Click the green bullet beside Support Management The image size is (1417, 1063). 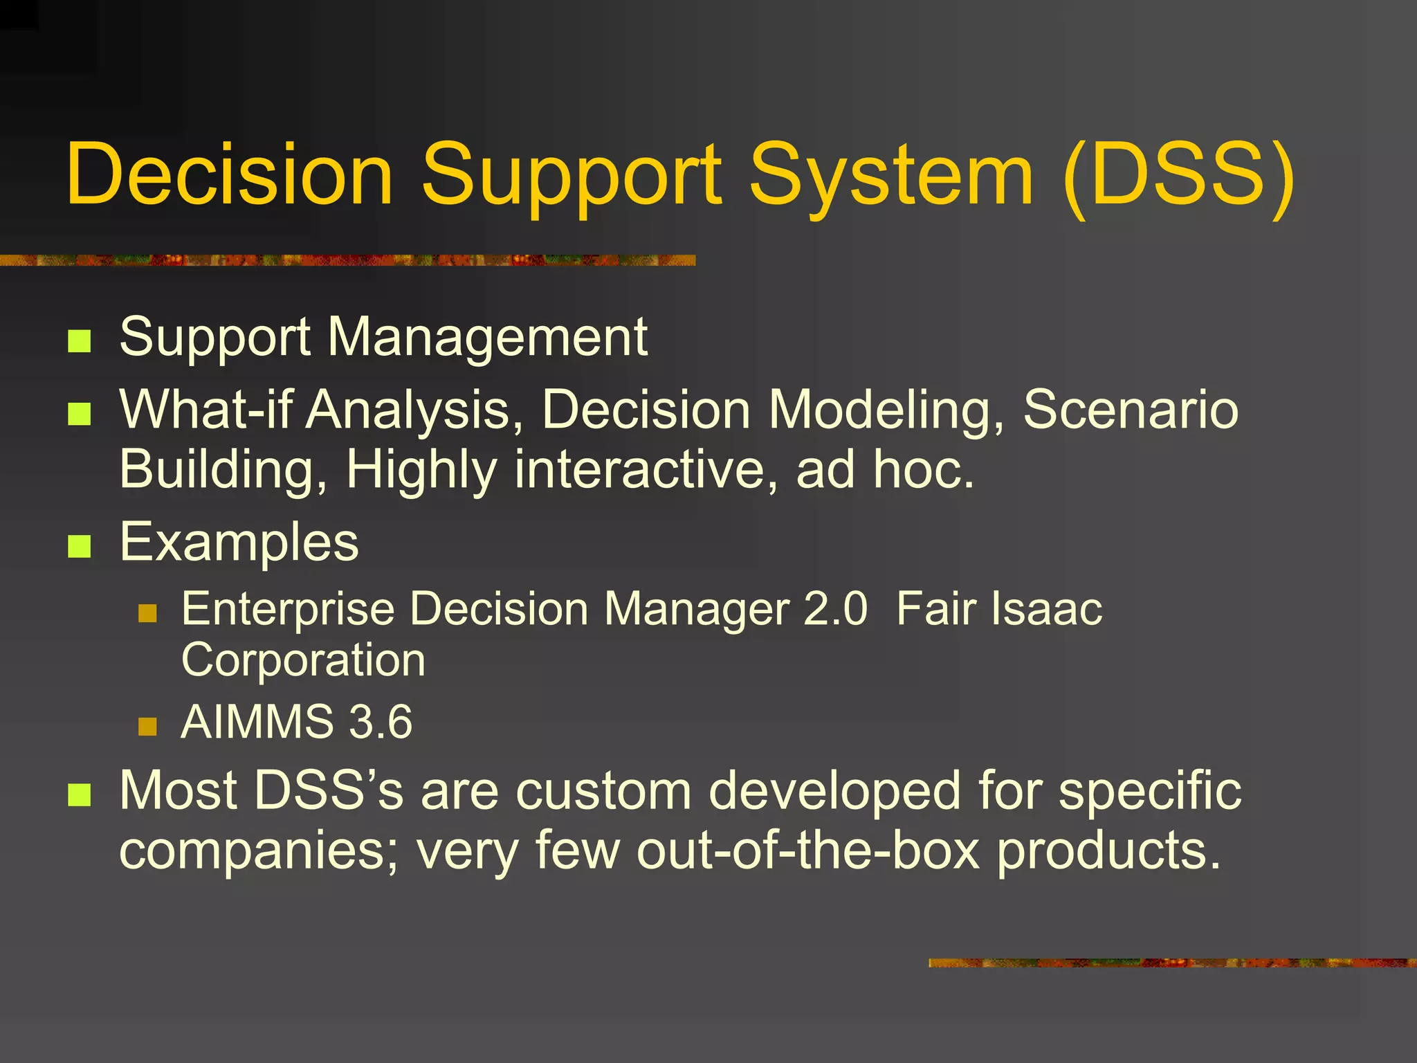[x=80, y=341]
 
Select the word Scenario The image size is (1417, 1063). [x=1130, y=410]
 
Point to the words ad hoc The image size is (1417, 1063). [x=885, y=470]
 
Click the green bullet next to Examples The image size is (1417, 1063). [x=80, y=546]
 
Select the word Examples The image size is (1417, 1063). [x=239, y=543]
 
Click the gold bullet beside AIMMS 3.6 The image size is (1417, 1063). [x=147, y=726]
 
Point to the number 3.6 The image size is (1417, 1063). [x=380, y=723]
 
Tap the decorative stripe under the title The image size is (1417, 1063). [x=346, y=260]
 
